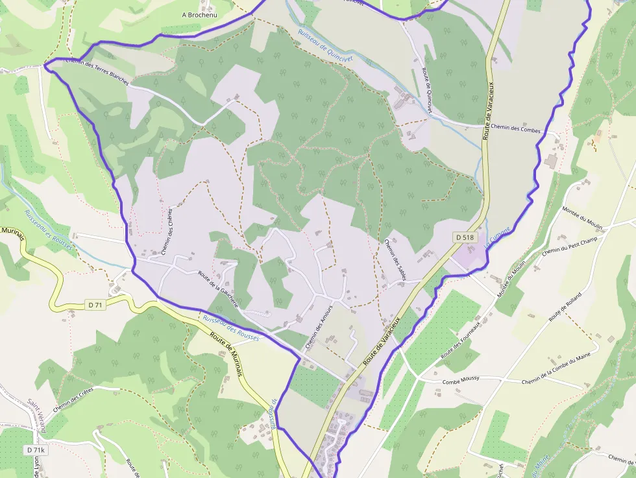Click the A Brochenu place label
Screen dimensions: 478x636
point(200,14)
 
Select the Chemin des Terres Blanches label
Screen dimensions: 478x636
point(98,72)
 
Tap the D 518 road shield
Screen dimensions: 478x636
point(465,237)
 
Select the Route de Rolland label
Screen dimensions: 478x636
point(565,307)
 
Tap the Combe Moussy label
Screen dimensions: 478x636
point(460,379)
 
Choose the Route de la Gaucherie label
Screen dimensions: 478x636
point(219,289)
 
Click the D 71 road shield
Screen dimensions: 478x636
point(95,304)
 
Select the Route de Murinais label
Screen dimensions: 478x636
point(226,355)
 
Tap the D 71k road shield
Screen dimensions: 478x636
point(36,449)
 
